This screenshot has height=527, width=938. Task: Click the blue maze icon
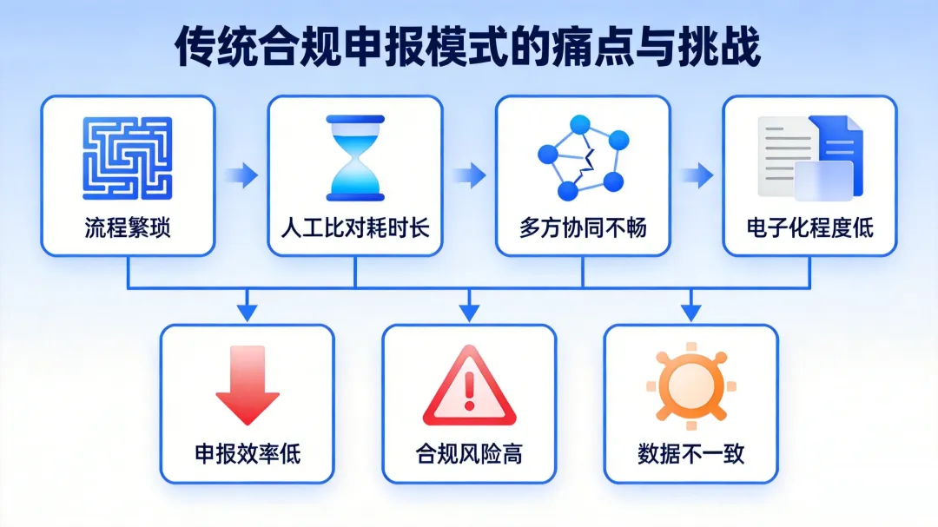pos(128,158)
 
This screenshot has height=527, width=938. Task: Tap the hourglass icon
pos(355,158)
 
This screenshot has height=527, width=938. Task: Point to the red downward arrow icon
pos(248,385)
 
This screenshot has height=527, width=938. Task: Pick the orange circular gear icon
pos(690,385)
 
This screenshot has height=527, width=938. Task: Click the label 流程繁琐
pos(128,228)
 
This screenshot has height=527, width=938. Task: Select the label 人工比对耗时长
pos(355,228)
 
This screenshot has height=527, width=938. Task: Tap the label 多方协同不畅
pos(583,228)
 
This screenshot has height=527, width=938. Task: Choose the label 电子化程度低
pos(810,228)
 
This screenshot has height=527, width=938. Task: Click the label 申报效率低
pos(248,453)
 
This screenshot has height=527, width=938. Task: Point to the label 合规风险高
pos(469,453)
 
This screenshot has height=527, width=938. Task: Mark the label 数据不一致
pos(691,453)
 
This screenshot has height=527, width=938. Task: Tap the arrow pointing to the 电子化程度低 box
pos(697,175)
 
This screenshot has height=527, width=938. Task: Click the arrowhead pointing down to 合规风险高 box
pos(469,310)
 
